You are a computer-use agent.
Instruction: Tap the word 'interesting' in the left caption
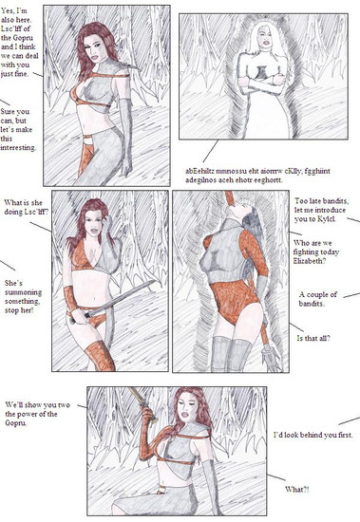pos(18,147)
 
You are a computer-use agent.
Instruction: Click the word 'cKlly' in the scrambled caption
pos(292,172)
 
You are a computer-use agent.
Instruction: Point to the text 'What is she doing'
pos(24,207)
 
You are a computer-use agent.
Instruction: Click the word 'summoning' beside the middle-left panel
pos(24,292)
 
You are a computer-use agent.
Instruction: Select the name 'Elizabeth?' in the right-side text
pos(310,261)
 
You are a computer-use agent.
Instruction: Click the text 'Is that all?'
pos(313,338)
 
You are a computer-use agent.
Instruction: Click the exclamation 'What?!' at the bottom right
pos(297,490)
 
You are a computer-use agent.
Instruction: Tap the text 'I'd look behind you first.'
pos(313,435)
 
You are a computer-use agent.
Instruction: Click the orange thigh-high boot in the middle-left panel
pos(100,356)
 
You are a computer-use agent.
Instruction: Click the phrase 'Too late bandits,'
pos(322,201)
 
